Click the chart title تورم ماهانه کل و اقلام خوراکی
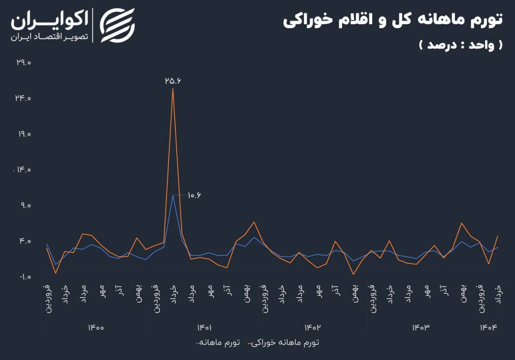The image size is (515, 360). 392,21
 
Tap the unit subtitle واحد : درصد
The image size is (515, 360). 460,45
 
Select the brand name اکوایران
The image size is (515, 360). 49,21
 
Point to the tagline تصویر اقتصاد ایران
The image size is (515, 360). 49,37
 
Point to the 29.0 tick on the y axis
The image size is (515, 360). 24,63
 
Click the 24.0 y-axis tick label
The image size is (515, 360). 24,99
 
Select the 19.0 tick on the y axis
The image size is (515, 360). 24,134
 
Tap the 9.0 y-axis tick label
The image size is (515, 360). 25,206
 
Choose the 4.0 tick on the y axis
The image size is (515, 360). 25,241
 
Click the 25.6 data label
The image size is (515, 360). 172,80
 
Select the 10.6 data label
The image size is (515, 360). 194,195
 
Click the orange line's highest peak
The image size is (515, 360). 173,89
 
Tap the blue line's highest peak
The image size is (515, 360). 173,195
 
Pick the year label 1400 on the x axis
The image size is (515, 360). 96,328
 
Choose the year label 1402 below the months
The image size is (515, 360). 312,328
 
